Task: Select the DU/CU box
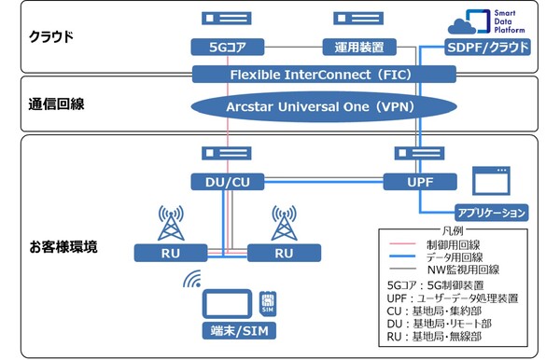222,181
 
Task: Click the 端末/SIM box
228,331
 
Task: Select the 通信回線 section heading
57,104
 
